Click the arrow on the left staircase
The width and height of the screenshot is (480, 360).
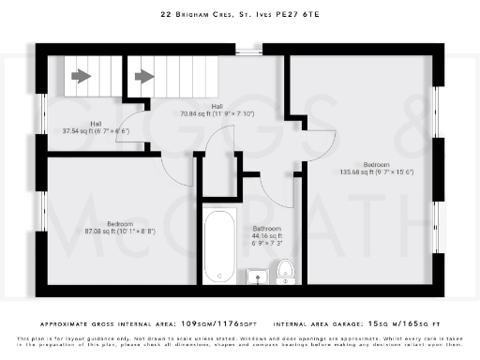pyautogui.click(x=82, y=76)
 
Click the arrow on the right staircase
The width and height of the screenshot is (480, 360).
pyautogui.click(x=144, y=76)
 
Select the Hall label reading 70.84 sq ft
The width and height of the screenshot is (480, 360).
pyautogui.click(x=217, y=110)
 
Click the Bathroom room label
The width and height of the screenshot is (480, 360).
pyautogui.click(x=267, y=228)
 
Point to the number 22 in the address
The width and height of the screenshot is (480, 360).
pyautogui.click(x=167, y=15)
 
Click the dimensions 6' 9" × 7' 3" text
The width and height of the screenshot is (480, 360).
pyautogui.click(x=267, y=242)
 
